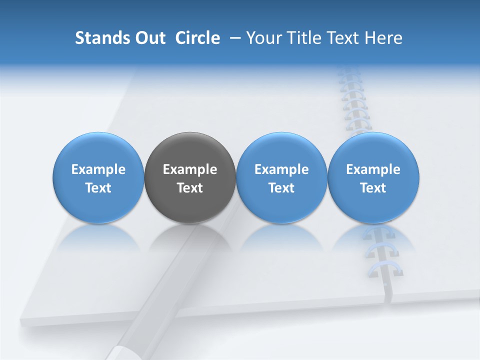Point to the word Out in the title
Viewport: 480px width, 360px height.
pyautogui.click(x=149, y=38)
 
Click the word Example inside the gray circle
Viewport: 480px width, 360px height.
pyautogui.click(x=190, y=169)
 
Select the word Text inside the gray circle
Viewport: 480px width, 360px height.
pyautogui.click(x=190, y=188)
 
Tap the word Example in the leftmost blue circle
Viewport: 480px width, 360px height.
pyautogui.click(x=98, y=169)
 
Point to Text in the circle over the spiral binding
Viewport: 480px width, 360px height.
pyautogui.click(x=373, y=188)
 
